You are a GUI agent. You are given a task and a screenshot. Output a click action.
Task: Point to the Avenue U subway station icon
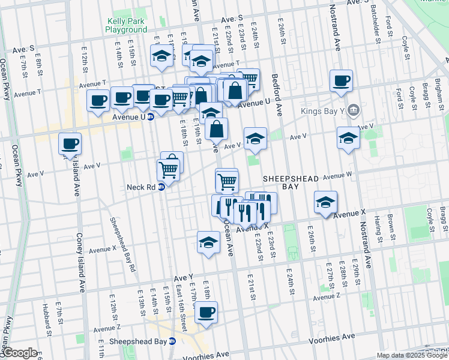pos(151,116)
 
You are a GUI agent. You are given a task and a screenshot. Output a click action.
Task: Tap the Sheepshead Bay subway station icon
pos(172,341)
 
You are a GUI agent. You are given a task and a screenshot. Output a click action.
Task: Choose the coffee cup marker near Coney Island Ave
pos(70,144)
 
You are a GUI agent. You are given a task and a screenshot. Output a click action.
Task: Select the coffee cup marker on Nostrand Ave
pos(341,81)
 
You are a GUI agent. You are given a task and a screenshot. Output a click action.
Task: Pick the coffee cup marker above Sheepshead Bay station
pos(206,312)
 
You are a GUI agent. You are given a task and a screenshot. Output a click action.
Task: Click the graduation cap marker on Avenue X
pos(325,202)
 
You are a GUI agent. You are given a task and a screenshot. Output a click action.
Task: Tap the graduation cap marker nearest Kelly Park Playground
pos(161,57)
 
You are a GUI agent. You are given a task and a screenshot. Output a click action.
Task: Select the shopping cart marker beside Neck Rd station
pos(168,170)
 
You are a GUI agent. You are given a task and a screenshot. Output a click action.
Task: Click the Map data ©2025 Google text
pos(412,355)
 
